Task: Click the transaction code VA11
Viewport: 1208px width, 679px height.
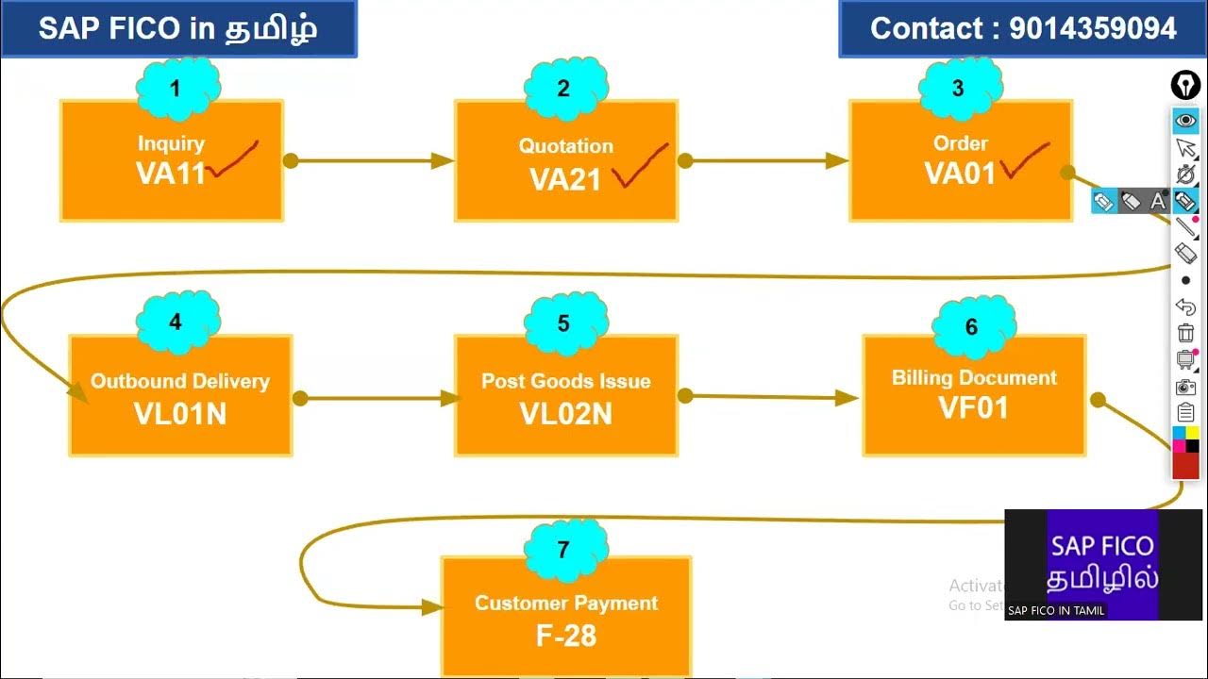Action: [x=170, y=174]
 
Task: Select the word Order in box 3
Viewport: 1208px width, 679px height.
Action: [x=960, y=143]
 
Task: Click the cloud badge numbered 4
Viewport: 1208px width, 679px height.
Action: [x=176, y=323]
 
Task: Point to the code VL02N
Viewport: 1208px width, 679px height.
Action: [x=565, y=413]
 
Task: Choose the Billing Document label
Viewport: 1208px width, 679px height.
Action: [x=974, y=378]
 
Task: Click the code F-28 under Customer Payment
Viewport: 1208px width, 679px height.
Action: [x=565, y=636]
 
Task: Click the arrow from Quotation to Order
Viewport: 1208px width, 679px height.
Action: [x=764, y=161]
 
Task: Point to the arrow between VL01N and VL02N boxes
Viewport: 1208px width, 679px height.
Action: [x=377, y=399]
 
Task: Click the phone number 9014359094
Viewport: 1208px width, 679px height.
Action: [x=1093, y=28]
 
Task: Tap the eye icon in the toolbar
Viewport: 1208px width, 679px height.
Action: [x=1185, y=121]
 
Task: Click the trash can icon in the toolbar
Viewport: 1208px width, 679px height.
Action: [x=1185, y=333]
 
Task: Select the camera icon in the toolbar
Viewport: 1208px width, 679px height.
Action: [x=1185, y=387]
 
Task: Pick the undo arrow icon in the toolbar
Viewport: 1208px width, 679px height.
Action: [x=1185, y=306]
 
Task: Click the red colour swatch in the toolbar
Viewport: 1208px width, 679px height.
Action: [x=1185, y=465]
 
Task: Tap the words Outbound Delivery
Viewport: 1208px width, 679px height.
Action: [x=179, y=382]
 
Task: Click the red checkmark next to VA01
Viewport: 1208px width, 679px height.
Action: [x=1025, y=160]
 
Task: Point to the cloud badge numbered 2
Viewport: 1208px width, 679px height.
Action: [x=563, y=90]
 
